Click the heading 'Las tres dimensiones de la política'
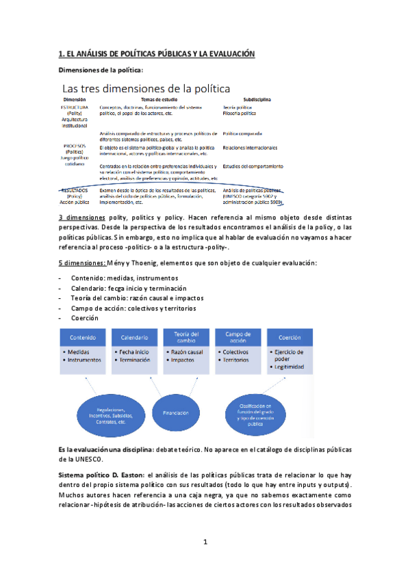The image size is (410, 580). coord(146,88)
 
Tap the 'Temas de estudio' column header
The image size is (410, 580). coord(159,100)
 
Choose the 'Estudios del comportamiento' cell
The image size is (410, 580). coord(253,166)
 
